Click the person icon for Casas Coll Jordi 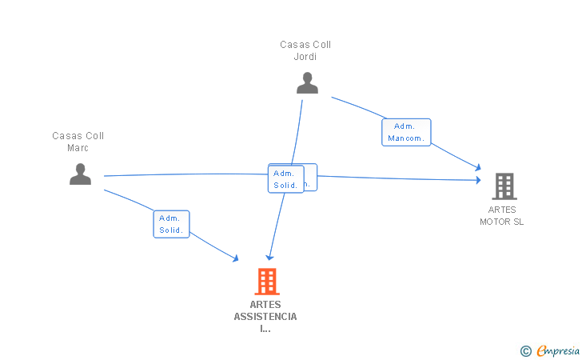coord(307,82)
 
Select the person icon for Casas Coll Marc coord(80,174)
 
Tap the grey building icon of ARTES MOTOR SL coord(504,186)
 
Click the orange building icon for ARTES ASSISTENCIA coord(266,282)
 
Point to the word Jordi coord(305,57)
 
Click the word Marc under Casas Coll coord(78,148)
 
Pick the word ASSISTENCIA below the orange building coord(265,318)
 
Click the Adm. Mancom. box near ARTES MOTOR coord(406,132)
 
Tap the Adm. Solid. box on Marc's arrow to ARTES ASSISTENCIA coord(171,224)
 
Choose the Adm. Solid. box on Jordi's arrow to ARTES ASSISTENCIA coord(285,179)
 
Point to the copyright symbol coord(525,350)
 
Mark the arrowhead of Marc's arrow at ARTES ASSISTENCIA coord(236,258)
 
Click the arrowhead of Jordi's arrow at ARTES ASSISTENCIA coord(269,258)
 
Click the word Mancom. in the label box coord(407,138)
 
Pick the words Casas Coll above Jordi coord(305,45)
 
